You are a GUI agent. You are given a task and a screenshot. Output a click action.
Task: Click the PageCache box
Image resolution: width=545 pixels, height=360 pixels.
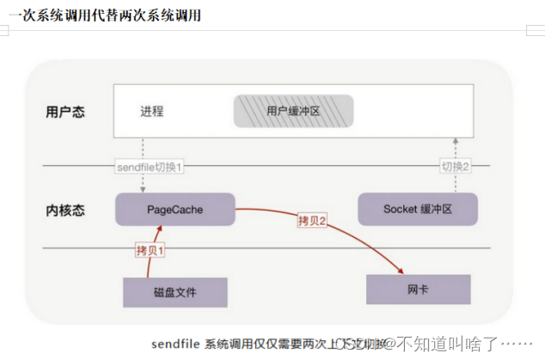[x=175, y=208]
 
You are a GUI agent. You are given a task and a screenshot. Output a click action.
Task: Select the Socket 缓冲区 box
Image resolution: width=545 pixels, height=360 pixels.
[x=418, y=209]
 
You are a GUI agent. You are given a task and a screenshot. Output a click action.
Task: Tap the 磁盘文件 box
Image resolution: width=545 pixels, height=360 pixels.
[x=175, y=292]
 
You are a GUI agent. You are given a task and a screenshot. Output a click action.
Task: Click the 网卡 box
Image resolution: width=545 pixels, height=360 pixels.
[x=418, y=290]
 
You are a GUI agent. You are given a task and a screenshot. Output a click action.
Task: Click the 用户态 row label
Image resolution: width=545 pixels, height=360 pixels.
[x=65, y=112]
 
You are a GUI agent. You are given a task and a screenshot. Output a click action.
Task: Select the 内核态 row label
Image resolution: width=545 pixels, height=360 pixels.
[x=65, y=210]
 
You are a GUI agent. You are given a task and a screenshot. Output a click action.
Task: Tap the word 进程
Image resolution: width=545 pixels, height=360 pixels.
[x=152, y=112]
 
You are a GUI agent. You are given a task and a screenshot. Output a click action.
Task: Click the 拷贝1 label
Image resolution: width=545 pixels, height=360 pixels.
[x=150, y=250]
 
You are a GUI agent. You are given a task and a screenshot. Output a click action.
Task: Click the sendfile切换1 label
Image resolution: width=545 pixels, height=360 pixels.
[x=150, y=165]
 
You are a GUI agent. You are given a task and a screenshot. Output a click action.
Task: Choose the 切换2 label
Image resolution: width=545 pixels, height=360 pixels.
[x=456, y=165]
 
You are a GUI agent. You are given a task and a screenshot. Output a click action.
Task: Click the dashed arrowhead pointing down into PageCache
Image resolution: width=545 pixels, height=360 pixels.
[x=142, y=188]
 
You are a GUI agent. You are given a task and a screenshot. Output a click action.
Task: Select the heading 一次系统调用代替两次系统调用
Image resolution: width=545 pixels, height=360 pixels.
[x=103, y=15]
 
